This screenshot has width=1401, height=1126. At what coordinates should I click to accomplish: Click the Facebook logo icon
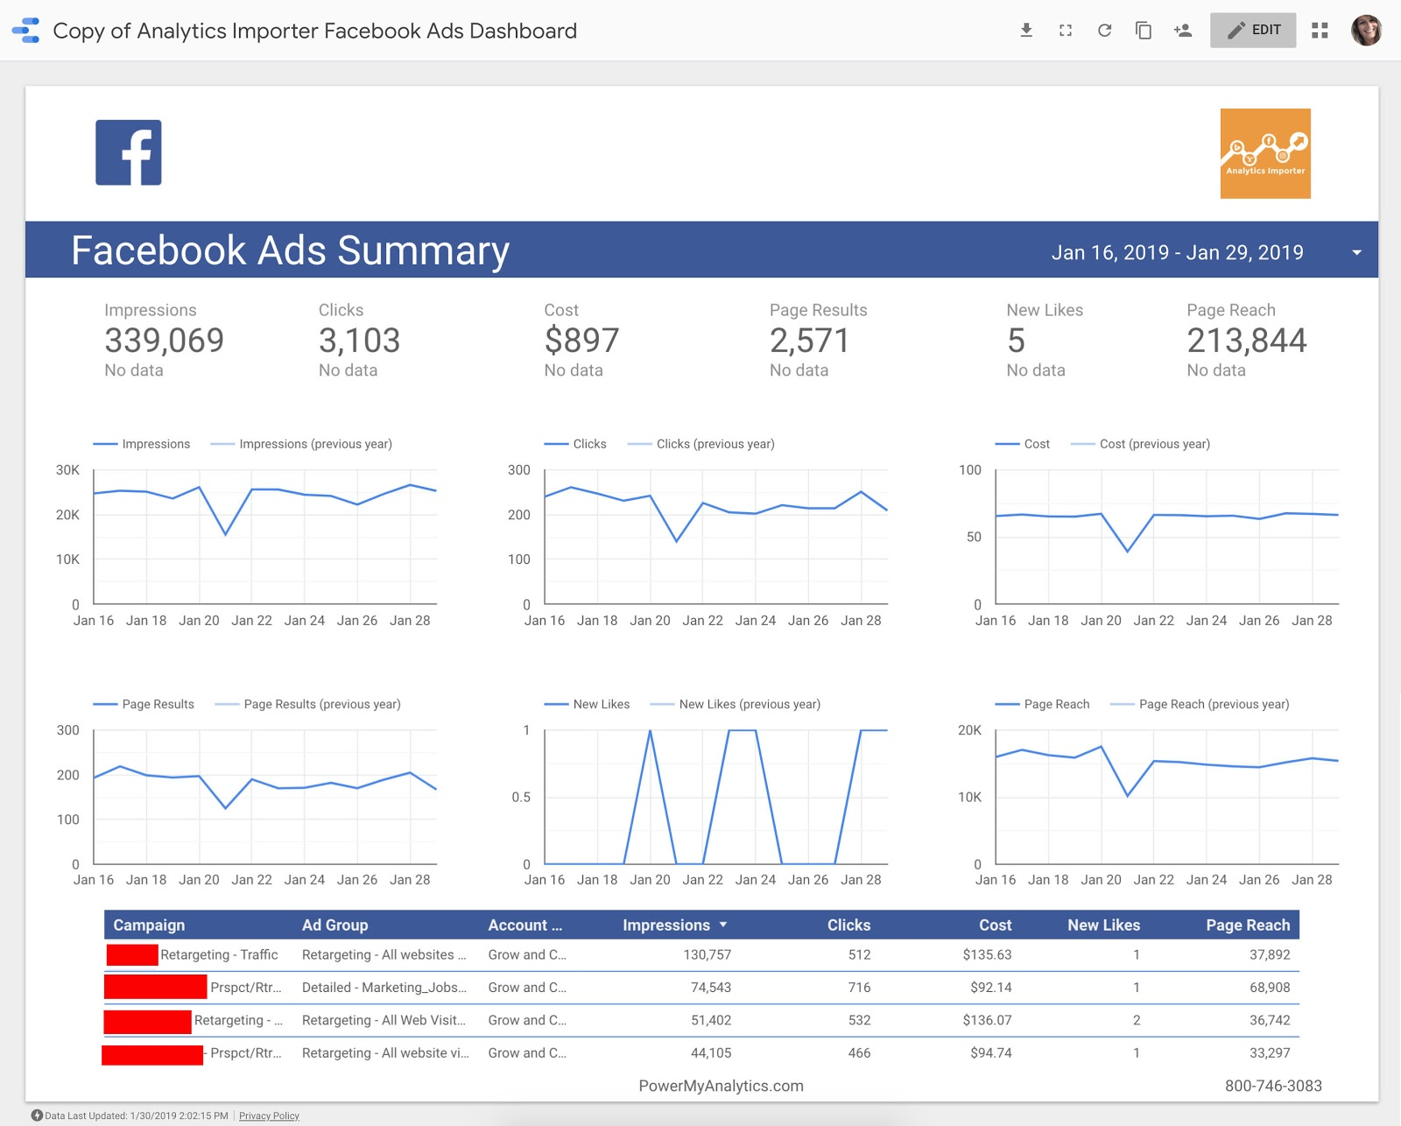click(x=129, y=152)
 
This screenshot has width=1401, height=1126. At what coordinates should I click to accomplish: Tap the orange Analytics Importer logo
click(x=1264, y=153)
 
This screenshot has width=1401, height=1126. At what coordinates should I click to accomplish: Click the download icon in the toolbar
click(x=1026, y=31)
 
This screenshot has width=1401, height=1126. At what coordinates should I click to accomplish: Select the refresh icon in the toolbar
click(x=1104, y=31)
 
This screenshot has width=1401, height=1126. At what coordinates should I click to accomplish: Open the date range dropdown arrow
click(x=1356, y=253)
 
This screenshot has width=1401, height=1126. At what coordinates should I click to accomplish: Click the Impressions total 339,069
click(x=164, y=341)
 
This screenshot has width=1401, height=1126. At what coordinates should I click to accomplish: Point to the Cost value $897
click(x=581, y=341)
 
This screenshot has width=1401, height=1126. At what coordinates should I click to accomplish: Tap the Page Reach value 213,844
click(x=1246, y=341)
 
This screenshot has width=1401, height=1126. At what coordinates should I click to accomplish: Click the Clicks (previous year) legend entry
click(x=715, y=444)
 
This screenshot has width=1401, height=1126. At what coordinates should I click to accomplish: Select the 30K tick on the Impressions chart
click(x=67, y=470)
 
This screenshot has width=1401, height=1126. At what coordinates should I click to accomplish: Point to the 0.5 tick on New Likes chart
click(x=521, y=797)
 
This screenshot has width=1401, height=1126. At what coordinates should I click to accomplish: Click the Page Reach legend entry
click(x=1056, y=704)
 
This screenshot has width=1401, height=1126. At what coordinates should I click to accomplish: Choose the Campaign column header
click(x=149, y=925)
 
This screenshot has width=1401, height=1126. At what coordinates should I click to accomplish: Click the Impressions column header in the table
click(x=666, y=925)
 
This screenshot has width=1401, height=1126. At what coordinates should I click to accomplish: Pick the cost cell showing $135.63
click(x=987, y=955)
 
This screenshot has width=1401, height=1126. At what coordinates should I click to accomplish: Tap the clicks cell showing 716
click(x=859, y=988)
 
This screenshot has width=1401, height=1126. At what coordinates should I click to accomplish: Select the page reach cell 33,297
click(x=1269, y=1053)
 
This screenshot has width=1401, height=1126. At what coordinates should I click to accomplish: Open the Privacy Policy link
click(x=269, y=1116)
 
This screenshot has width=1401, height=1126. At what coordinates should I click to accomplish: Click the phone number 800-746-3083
click(x=1273, y=1087)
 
